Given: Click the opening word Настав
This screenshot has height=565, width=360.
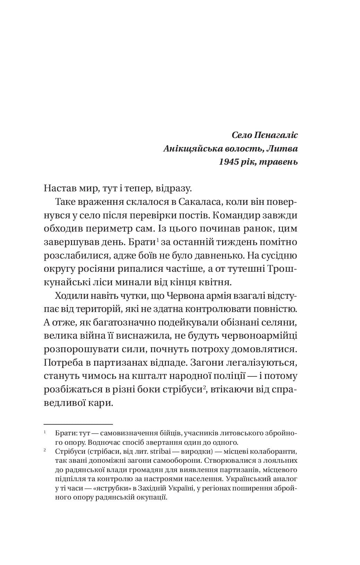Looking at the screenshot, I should pos(59,189).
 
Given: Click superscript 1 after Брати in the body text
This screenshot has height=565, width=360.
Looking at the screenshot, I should pos(157,240).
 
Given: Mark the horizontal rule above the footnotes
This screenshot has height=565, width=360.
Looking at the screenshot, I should pos(78,424).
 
